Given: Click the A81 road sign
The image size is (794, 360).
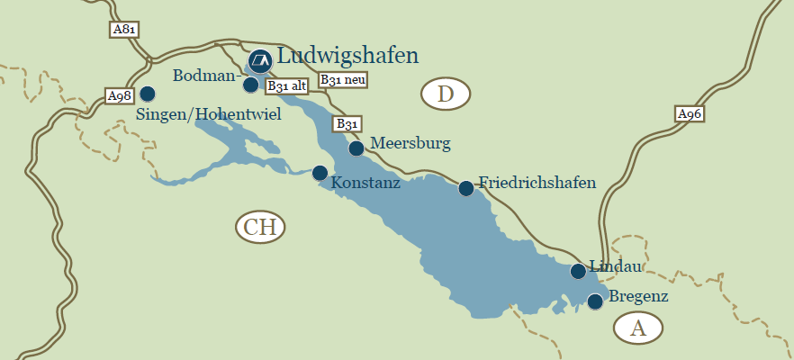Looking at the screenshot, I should click(x=124, y=30).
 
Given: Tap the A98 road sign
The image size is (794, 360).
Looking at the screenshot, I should click(x=119, y=95).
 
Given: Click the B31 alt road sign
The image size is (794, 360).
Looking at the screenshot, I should click(x=287, y=86).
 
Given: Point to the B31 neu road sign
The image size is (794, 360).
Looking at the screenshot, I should click(x=343, y=79).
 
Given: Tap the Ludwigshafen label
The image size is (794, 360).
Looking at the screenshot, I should click(x=347, y=56).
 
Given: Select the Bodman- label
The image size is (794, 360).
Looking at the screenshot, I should click(x=204, y=74).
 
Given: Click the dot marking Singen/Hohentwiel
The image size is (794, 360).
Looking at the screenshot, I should click(x=148, y=93).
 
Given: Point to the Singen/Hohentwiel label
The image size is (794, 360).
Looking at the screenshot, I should click(x=209, y=115).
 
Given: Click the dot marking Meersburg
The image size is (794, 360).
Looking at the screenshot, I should click(x=356, y=148).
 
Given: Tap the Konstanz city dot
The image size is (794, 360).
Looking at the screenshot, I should click(x=320, y=173).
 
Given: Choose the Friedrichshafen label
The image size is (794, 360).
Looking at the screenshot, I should click(x=537, y=183).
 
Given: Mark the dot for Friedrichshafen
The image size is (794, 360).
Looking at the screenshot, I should click(x=466, y=188).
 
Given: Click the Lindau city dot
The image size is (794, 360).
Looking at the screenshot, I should click(x=578, y=271).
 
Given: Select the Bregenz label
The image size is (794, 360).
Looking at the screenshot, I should click(x=639, y=295).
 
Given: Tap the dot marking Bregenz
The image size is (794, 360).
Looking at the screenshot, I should click(x=595, y=301).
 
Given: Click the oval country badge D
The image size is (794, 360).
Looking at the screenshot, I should click(x=447, y=94).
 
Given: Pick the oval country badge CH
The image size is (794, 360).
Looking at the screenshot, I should click(x=260, y=227).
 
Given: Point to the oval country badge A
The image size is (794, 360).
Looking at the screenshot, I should click(x=638, y=328).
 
